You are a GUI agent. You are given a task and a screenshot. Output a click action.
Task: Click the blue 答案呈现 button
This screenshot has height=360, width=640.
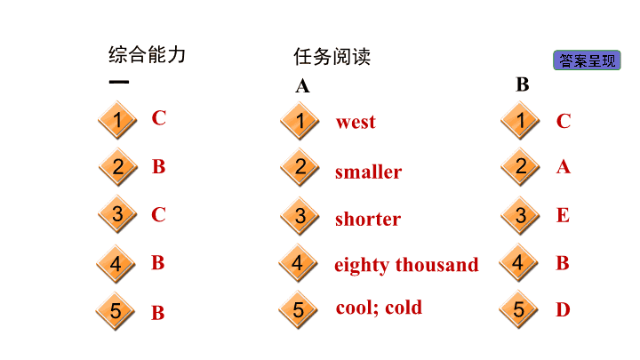tap(587, 60)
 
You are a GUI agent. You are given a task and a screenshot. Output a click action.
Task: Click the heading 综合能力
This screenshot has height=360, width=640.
tap(147, 55)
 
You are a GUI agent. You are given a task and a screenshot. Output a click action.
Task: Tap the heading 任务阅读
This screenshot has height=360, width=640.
tap(332, 56)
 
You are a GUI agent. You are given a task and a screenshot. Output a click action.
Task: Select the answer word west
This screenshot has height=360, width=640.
tap(356, 122)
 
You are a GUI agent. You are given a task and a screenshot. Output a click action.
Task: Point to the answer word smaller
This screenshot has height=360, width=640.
tap(369, 172)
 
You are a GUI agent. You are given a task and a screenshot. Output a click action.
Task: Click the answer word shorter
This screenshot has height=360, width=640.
tap(368, 219)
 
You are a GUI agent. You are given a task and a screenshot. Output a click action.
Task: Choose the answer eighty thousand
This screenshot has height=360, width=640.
tap(406, 265)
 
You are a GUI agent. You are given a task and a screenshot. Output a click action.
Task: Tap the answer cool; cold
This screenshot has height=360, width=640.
tap(380, 308)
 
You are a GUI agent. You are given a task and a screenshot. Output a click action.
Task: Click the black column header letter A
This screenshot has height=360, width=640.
tap(303, 86)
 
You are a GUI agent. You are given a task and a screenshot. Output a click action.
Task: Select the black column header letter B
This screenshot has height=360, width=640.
tap(523, 84)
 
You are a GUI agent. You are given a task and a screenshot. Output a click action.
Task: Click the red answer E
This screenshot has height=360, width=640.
tap(563, 215)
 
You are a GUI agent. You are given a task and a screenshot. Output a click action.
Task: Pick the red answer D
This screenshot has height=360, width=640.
tap(563, 309)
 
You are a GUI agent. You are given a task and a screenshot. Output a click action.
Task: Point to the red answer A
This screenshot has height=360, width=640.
tap(564, 166)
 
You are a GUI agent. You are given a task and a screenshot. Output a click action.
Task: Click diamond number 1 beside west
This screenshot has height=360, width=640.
tap(300, 121)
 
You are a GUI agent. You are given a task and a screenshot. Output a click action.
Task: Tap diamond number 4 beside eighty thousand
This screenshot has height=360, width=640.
tap(299, 263)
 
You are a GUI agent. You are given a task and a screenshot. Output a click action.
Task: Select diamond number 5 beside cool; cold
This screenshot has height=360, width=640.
tap(299, 310)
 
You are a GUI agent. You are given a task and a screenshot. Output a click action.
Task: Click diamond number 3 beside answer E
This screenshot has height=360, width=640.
tap(520, 215)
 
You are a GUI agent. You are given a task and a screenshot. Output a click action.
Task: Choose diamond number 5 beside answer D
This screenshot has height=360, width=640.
tap(519, 309)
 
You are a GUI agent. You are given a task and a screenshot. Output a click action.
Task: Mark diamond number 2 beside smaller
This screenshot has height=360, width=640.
tap(300, 167)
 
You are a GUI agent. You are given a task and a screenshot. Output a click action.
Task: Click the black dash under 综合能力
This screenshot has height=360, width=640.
tap(119, 82)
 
